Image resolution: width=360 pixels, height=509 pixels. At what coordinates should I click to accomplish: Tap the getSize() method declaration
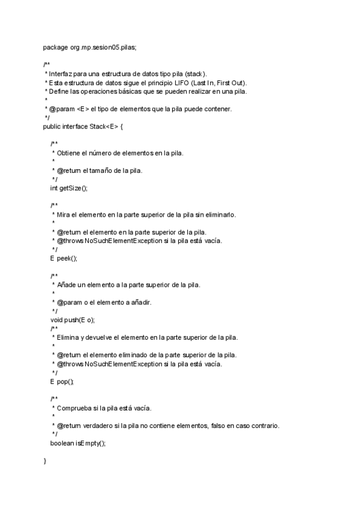(x=73, y=188)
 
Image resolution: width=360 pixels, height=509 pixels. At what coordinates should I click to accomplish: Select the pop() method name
(x=65, y=381)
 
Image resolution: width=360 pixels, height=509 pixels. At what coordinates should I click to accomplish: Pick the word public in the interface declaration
(x=52, y=127)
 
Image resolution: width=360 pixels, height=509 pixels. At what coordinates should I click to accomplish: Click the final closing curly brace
(x=45, y=460)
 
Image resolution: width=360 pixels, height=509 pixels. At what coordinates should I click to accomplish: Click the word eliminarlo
(x=219, y=214)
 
